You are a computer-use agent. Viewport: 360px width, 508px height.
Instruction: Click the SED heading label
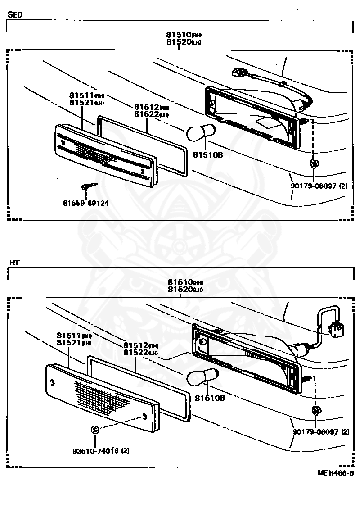(15, 14)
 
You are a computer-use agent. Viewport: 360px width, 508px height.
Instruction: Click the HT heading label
(13, 262)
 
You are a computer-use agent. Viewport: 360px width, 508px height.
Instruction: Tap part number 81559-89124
(85, 203)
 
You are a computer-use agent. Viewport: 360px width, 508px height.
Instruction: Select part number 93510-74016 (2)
(101, 450)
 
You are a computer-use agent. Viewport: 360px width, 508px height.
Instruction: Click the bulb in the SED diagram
(198, 133)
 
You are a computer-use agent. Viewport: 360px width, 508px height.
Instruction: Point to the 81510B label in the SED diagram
(208, 155)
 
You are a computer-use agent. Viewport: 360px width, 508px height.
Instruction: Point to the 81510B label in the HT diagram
(210, 399)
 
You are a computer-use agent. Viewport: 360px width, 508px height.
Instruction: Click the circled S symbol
(95, 430)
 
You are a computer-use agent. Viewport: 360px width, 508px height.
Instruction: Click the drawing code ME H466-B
(335, 473)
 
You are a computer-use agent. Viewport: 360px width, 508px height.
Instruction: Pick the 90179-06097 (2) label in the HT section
(320, 432)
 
